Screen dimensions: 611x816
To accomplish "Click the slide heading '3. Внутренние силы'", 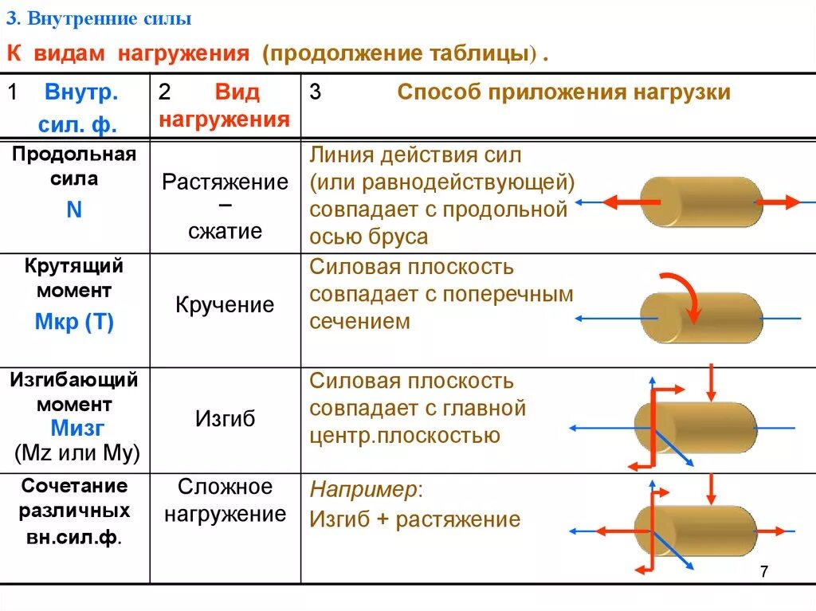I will [x=100, y=18].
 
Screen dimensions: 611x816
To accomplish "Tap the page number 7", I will [x=764, y=572].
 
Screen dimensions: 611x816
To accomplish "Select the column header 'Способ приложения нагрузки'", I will [x=563, y=92].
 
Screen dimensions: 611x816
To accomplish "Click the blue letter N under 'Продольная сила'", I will [x=74, y=210].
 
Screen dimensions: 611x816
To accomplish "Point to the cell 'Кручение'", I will [x=225, y=305].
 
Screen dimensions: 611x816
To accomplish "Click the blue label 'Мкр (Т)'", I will [x=74, y=323].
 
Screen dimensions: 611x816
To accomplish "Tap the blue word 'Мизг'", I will [x=77, y=429].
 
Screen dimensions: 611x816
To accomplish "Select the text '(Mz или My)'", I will [x=77, y=453].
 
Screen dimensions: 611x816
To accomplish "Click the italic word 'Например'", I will [x=363, y=489].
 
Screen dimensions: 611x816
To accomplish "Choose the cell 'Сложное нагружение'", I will [x=225, y=500].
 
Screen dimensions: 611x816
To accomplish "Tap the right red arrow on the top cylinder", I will [x=777, y=202].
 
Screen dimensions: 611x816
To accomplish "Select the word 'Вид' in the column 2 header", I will [x=237, y=92].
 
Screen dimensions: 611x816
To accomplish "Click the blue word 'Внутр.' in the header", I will [x=81, y=92].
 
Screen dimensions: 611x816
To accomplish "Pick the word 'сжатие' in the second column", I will [x=226, y=232].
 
